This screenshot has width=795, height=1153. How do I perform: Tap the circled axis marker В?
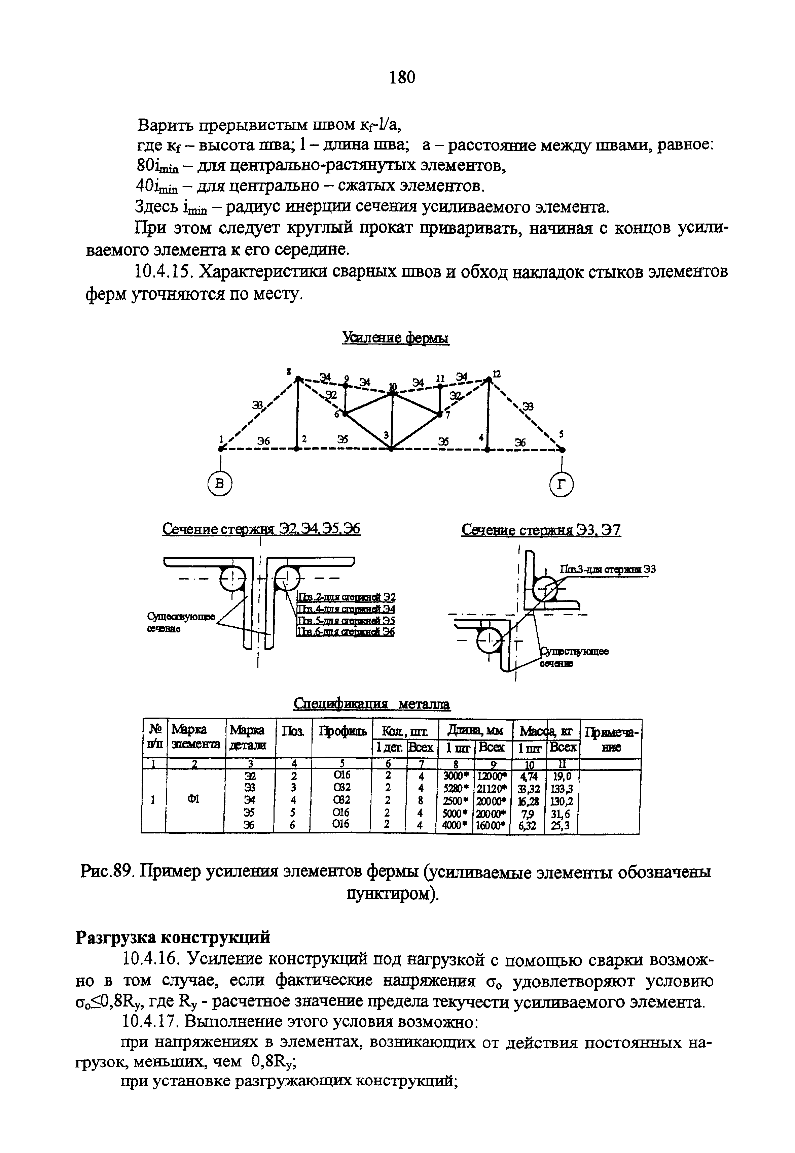point(220,484)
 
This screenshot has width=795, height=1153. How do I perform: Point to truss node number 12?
point(496,374)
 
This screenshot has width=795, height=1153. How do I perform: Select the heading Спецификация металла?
point(372,704)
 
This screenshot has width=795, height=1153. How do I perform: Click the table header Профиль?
point(343,731)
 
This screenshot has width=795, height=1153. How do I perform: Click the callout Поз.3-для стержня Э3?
point(607,569)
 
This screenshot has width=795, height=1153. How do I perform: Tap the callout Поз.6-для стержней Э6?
point(345,632)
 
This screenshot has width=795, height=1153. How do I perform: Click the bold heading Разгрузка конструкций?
point(172,937)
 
